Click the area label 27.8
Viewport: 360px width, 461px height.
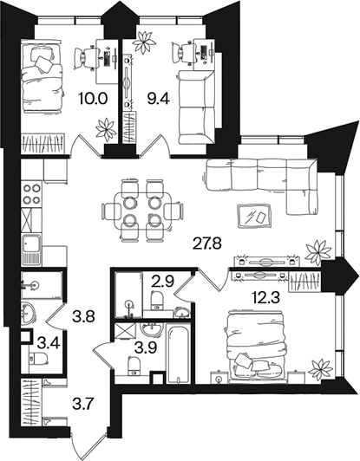[206, 243]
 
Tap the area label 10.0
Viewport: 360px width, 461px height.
[92, 99]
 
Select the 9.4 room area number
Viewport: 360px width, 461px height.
[159, 99]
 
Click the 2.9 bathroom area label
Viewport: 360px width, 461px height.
[163, 281]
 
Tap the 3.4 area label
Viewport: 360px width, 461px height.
[49, 343]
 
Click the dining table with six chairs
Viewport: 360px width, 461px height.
[143, 211]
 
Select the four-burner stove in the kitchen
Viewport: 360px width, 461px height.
[31, 193]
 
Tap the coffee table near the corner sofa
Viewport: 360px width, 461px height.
[254, 217]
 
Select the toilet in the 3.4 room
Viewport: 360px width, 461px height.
[38, 359]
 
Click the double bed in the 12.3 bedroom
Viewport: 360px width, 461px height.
[256, 347]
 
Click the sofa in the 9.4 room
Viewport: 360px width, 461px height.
[195, 107]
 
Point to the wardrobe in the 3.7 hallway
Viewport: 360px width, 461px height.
[31, 401]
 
